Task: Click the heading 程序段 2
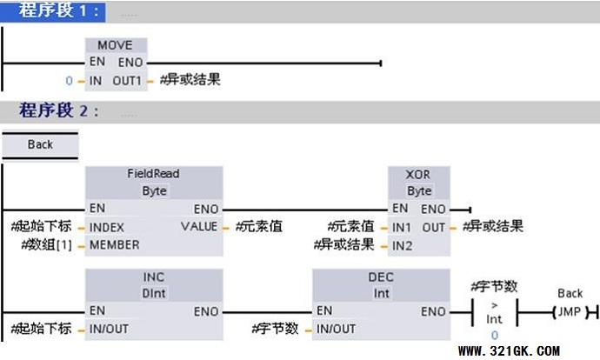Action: click(59, 111)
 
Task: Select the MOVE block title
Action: click(116, 45)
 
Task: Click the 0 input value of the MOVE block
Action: click(70, 80)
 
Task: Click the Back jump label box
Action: click(40, 145)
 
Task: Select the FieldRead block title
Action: click(153, 174)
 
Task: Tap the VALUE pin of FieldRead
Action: click(199, 227)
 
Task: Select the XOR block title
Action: click(418, 174)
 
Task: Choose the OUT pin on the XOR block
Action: click(434, 227)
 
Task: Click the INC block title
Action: click(153, 277)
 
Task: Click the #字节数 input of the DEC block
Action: click(275, 329)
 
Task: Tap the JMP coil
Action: click(570, 311)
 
